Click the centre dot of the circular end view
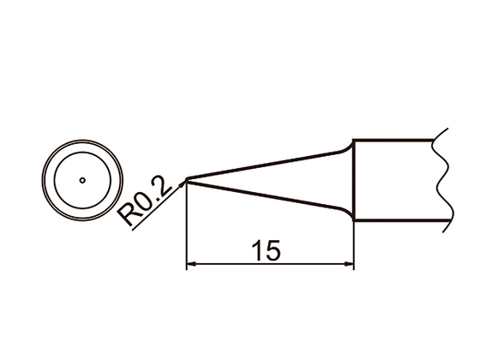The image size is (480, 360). [x=81, y=180]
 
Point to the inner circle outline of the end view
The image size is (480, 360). [x=81, y=157]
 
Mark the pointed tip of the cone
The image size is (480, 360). [x=187, y=180]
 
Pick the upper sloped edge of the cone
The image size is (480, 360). [x=266, y=164]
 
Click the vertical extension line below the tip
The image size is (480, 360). [x=186, y=231]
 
